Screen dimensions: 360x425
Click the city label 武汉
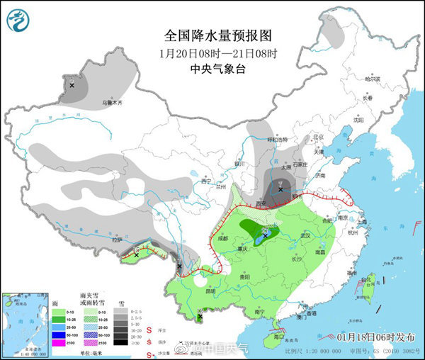pyautogui.click(x=307, y=235)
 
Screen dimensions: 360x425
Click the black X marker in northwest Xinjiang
pyautogui.click(x=72, y=85)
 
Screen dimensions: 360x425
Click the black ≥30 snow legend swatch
pyautogui.click(x=123, y=342)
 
